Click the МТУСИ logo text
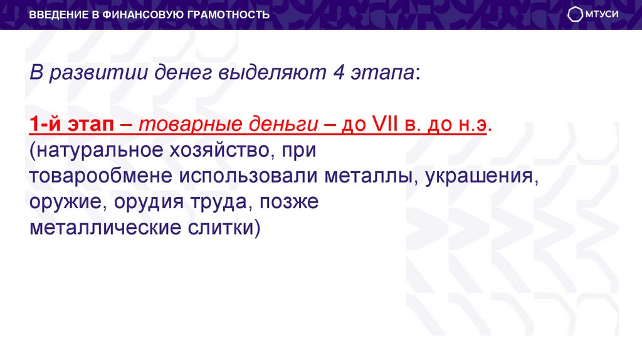tap(603, 14)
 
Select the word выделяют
tap(269, 73)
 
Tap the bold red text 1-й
tap(44, 125)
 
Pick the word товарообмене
tap(100, 176)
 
